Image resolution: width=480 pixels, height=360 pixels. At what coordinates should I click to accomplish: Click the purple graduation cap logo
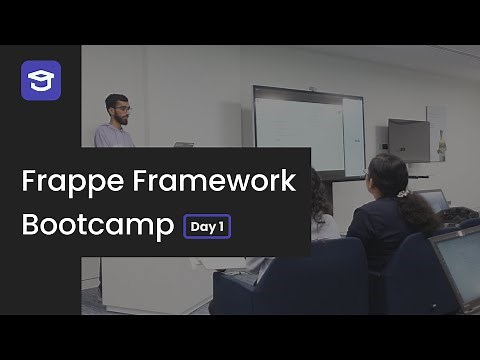[41, 80]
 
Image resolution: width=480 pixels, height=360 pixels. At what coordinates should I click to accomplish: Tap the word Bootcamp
[97, 225]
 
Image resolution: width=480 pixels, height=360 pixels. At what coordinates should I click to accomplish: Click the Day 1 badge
[207, 227]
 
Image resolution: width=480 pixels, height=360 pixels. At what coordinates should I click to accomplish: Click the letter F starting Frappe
[29, 183]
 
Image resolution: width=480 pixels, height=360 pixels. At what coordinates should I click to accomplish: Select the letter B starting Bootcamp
[30, 225]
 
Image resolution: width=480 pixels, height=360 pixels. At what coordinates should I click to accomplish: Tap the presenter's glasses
[119, 106]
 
